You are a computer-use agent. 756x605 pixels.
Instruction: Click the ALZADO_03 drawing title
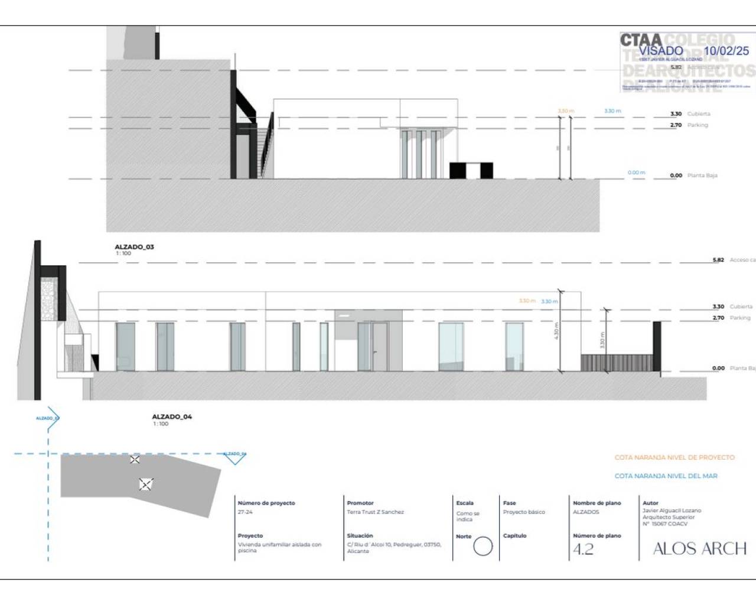tap(134, 247)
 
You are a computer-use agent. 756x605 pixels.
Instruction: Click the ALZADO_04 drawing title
tap(172, 417)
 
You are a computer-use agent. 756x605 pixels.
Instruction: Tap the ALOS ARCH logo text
tap(700, 549)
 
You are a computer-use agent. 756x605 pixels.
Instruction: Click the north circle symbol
tap(483, 547)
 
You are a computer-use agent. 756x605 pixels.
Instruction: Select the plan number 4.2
tap(583, 549)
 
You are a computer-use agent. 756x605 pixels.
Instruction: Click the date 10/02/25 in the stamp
tap(726, 51)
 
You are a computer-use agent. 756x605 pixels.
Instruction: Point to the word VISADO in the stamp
tap(660, 51)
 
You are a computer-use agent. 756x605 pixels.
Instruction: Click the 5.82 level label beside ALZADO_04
tap(718, 260)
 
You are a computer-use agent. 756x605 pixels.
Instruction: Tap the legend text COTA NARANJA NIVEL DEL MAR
tap(666, 476)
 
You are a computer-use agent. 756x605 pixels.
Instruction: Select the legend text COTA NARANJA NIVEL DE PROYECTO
tap(674, 457)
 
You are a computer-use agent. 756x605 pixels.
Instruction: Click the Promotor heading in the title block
tap(360, 503)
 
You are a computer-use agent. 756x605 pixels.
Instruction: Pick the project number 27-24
tap(245, 512)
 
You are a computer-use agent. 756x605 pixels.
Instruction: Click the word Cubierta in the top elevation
tap(699, 114)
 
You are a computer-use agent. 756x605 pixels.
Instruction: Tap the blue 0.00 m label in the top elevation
tap(636, 173)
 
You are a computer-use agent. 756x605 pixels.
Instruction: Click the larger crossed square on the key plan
tap(146, 484)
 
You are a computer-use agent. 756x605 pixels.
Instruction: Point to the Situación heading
tap(360, 536)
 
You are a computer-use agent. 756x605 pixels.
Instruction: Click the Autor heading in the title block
tap(650, 503)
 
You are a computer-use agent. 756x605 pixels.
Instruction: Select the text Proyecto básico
tap(524, 512)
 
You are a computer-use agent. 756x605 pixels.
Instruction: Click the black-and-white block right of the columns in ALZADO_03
tap(471, 170)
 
